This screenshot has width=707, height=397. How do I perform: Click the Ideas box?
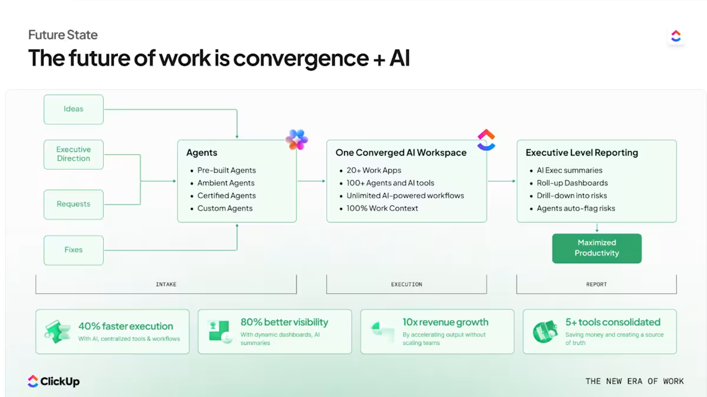(x=74, y=109)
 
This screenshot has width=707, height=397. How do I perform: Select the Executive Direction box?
(x=74, y=154)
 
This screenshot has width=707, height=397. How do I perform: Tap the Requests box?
(x=74, y=204)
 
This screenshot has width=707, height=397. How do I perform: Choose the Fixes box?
(x=74, y=250)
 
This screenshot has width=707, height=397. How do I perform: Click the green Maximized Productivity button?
(x=596, y=248)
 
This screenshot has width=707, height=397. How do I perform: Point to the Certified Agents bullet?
(x=226, y=196)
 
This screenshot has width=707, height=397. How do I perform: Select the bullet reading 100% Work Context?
(x=382, y=209)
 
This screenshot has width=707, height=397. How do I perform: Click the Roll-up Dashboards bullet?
(x=571, y=183)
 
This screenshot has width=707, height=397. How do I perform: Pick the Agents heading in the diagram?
(x=201, y=153)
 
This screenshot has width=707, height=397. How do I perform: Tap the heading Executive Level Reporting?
(x=582, y=153)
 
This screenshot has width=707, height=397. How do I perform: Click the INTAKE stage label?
(x=166, y=284)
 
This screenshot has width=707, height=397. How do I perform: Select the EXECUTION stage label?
(x=407, y=284)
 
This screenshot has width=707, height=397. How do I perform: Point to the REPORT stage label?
(x=596, y=284)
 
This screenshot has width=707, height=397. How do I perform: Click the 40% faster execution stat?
(x=125, y=326)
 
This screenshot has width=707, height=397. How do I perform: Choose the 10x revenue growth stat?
(x=445, y=322)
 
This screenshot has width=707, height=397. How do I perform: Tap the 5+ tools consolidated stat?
(x=613, y=322)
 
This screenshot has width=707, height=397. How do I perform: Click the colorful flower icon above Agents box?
(x=296, y=140)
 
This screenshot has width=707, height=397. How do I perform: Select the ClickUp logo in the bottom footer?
(x=54, y=381)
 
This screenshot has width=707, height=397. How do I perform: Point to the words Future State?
(x=63, y=35)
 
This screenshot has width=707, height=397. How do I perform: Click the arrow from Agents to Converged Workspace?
(x=311, y=181)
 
